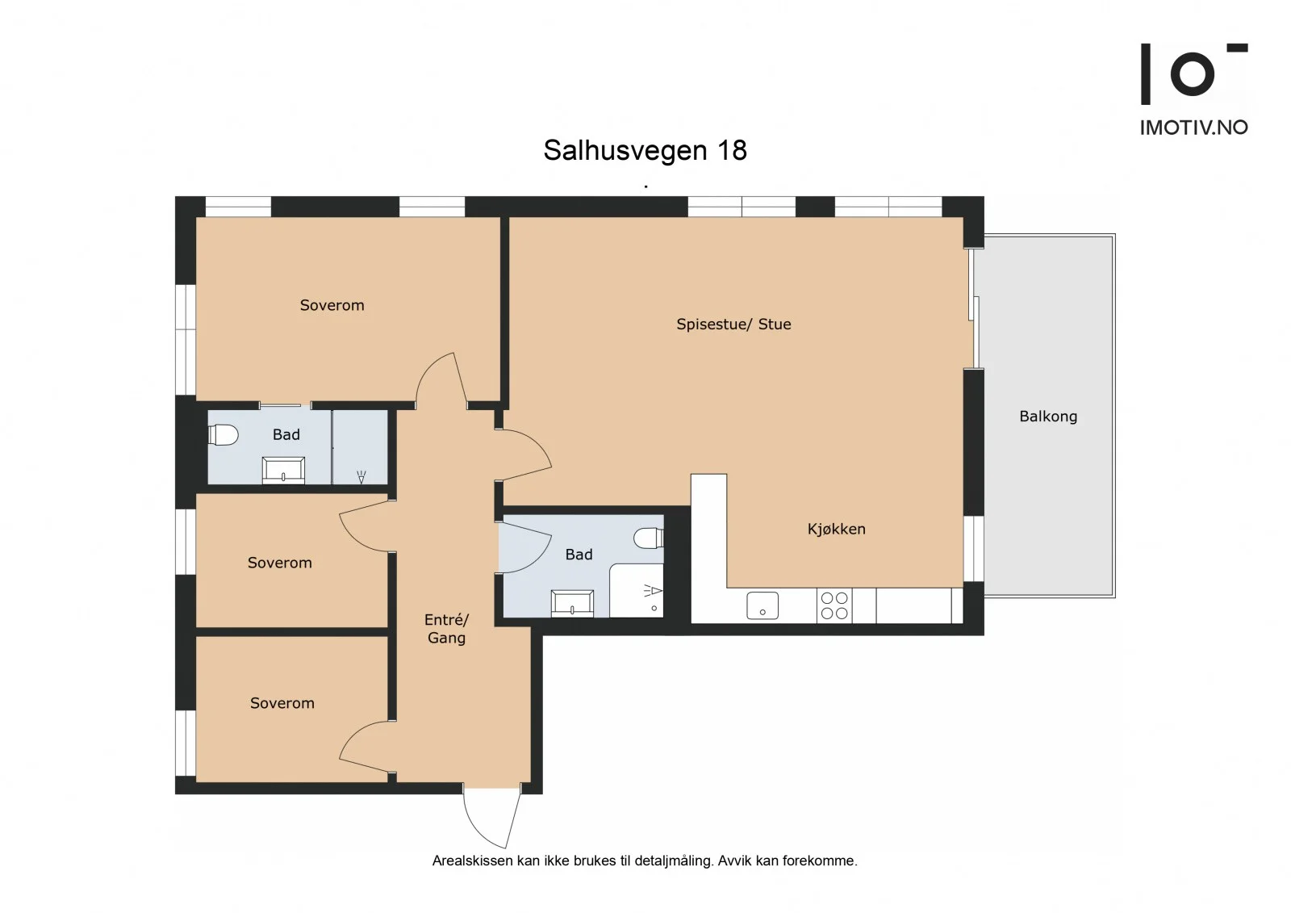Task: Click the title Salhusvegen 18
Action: tap(645, 150)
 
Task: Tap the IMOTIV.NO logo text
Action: tap(1194, 128)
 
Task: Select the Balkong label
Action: tap(1048, 417)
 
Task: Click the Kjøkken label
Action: tap(836, 529)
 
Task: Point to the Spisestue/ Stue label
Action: tap(733, 325)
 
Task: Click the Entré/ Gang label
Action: tap(447, 629)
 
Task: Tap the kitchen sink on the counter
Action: tap(762, 605)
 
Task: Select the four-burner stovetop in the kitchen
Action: tap(834, 605)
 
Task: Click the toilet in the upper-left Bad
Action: tap(223, 435)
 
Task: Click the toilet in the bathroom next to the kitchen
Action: tap(649, 538)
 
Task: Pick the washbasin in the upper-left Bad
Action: tap(283, 470)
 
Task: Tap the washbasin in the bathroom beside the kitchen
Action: tap(572, 603)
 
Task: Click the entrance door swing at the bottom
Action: tap(491, 819)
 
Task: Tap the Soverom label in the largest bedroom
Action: tap(332, 305)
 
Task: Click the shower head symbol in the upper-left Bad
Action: tap(361, 477)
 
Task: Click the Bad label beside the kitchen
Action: tap(579, 555)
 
